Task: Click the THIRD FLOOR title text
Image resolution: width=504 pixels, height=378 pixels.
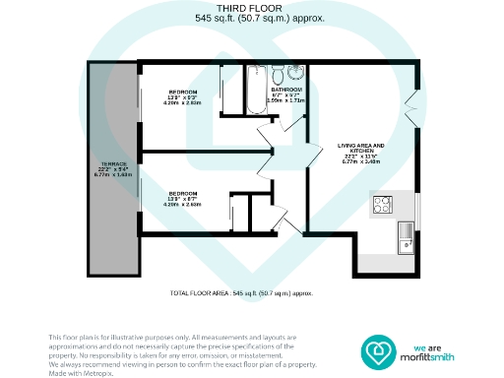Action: pos(253,8)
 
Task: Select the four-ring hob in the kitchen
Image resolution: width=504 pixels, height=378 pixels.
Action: pos(382,205)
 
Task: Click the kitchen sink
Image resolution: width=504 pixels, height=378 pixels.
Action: pos(405,234)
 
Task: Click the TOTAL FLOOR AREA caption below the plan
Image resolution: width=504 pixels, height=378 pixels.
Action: pos(254,293)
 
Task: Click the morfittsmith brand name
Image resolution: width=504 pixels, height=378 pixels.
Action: pos(434,356)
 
